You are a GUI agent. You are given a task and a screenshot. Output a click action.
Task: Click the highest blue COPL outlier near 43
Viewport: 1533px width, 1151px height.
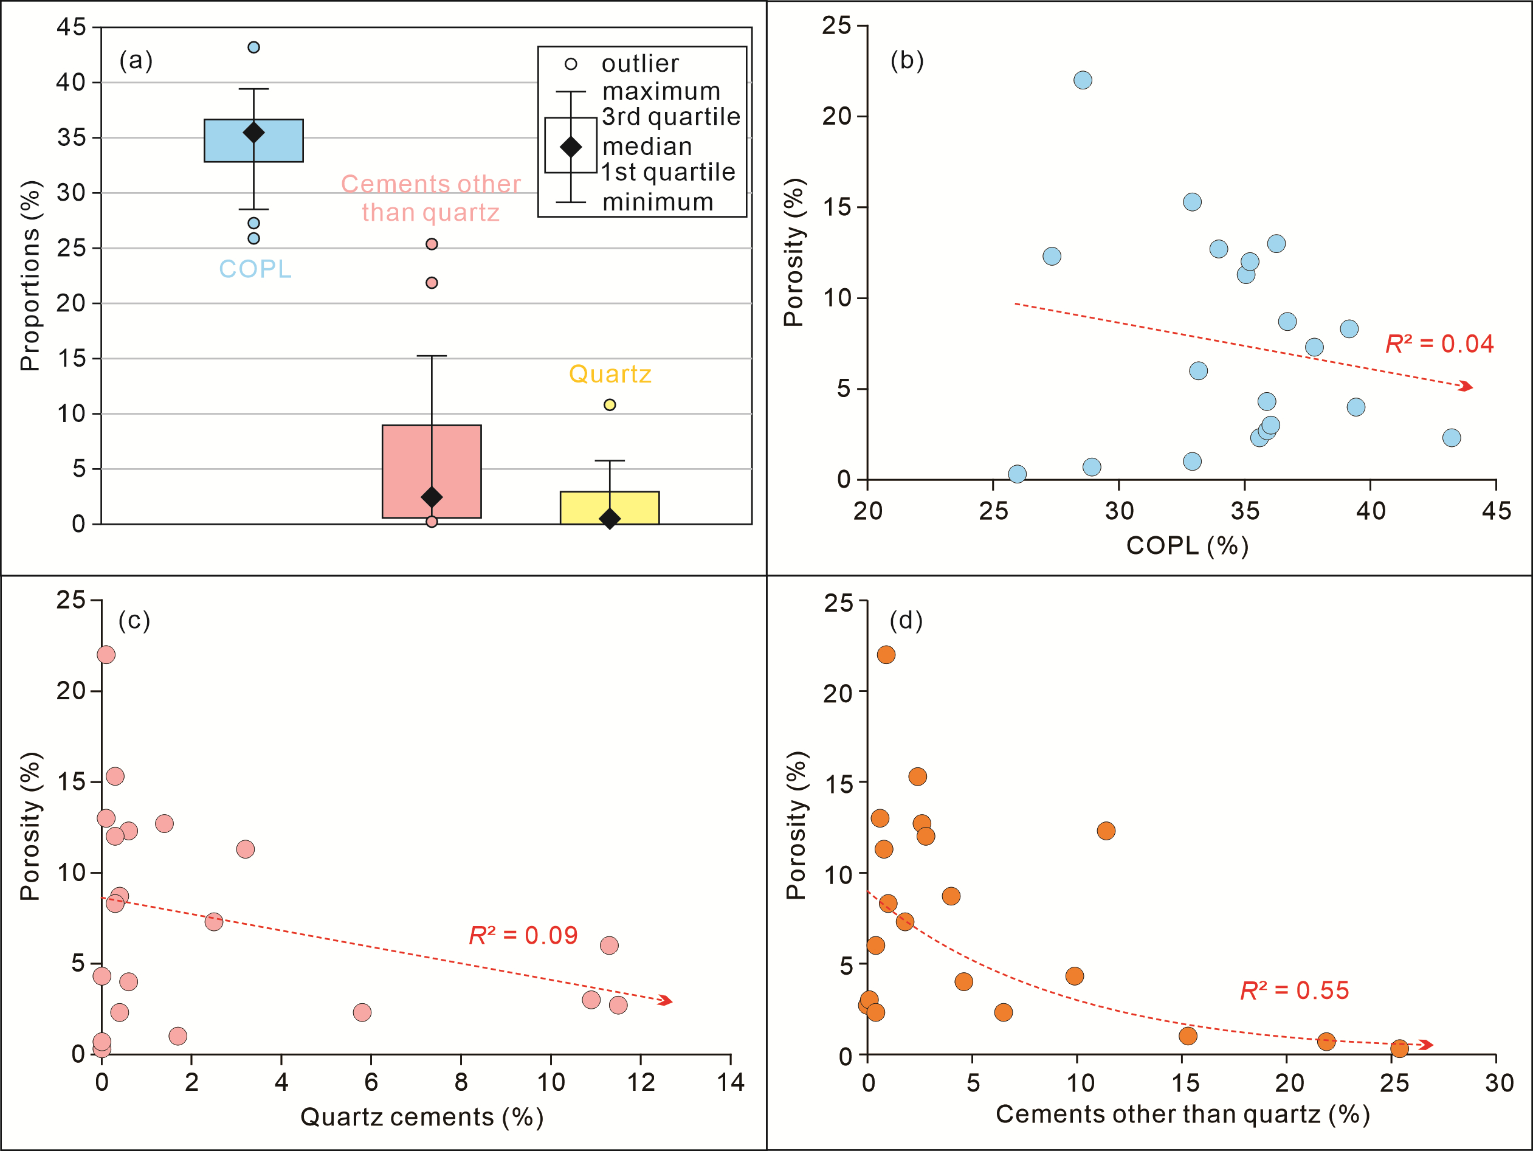(253, 47)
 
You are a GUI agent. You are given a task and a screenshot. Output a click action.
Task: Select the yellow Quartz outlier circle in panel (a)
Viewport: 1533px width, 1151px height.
(610, 405)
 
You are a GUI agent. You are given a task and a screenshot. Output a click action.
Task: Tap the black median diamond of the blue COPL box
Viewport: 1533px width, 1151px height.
(253, 133)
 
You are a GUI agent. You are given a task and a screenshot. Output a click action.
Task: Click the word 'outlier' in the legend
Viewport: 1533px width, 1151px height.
(639, 64)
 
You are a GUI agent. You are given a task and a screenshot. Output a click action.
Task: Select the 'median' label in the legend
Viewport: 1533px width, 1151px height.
(647, 147)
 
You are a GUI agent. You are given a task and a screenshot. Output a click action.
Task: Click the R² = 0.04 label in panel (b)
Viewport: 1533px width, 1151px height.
(1439, 344)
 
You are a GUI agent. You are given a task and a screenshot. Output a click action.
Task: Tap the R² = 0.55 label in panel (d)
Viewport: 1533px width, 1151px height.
(1294, 991)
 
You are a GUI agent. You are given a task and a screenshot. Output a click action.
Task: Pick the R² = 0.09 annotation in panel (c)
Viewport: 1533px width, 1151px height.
(523, 935)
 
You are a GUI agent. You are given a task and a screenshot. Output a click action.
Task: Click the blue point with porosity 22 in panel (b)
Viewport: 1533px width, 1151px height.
(1083, 80)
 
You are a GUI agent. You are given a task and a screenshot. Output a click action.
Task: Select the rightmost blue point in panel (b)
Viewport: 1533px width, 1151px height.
(1451, 438)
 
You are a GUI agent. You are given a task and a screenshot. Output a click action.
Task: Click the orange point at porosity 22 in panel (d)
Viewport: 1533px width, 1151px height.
(886, 655)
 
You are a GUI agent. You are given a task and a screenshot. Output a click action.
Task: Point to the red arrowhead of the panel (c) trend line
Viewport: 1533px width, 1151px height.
(666, 1001)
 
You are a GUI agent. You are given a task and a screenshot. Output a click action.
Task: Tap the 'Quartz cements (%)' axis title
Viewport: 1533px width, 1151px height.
(421, 1117)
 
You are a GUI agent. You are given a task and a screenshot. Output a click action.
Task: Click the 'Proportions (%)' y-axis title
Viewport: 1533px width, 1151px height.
(30, 276)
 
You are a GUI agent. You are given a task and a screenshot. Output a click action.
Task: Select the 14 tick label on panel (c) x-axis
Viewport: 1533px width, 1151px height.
(731, 1082)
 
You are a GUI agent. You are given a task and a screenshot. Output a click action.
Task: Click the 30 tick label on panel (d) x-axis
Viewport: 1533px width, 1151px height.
(1498, 1082)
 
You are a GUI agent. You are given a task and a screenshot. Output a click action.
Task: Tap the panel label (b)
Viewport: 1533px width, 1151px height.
(906, 61)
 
